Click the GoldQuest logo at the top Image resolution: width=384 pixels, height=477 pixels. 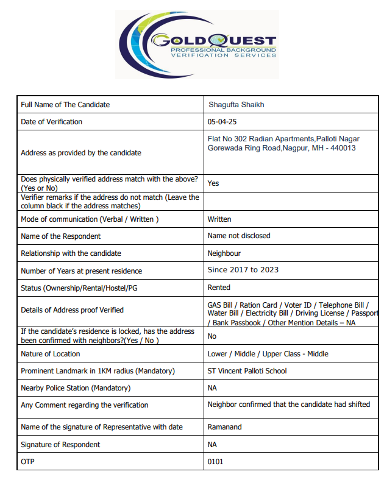pos(197,44)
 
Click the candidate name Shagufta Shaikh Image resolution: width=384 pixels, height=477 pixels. pos(236,105)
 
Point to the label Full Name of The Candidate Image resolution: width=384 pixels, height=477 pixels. pos(65,105)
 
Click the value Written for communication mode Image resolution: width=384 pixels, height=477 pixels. pos(219,219)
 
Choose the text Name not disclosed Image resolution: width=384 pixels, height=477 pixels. pos(239,236)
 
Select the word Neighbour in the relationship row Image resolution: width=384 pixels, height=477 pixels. pos(224,253)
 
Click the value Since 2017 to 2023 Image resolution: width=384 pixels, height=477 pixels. pos(244,270)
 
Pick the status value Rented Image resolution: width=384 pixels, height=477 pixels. pos(219,288)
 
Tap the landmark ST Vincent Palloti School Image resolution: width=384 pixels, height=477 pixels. pos(247,371)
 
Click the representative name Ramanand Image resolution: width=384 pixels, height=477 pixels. pos(224,428)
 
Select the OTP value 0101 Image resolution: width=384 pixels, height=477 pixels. pos(215,462)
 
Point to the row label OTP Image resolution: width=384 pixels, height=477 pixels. pos(27,462)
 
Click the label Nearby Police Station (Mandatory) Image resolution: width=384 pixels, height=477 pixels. pos(76,388)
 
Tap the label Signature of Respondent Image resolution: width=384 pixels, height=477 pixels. pos(60,445)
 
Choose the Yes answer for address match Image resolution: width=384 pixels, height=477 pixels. pos(213,183)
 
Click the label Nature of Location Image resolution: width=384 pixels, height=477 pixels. pos(51,354)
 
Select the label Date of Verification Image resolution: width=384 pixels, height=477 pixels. pos(51,122)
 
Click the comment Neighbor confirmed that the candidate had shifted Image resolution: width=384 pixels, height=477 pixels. pos(288,405)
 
